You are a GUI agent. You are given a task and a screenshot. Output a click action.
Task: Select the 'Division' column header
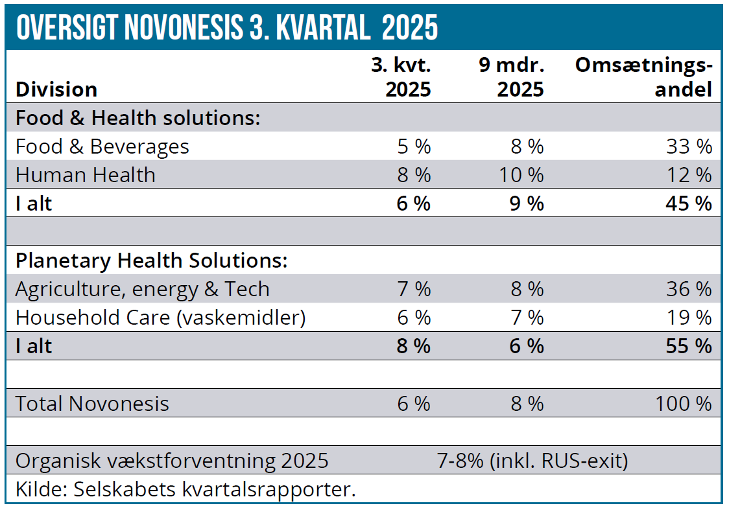tap(56, 89)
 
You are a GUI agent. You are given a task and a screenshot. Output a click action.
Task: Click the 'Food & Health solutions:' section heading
tap(137, 118)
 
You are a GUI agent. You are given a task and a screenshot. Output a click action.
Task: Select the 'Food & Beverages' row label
tap(102, 146)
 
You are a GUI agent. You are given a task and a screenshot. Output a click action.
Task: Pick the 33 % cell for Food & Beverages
tap(689, 146)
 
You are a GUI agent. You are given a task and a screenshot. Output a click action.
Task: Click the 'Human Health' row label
tap(86, 175)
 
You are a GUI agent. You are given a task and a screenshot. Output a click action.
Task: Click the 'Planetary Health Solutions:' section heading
tap(151, 261)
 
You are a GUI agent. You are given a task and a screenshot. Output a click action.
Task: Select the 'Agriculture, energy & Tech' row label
tap(143, 289)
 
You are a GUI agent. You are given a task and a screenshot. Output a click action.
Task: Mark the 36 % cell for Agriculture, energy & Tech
tap(689, 289)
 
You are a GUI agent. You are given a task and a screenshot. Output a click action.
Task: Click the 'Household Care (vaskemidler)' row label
tap(160, 318)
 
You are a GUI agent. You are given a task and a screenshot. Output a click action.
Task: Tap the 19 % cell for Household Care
tap(689, 318)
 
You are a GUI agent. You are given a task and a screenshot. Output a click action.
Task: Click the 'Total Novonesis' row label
tap(92, 404)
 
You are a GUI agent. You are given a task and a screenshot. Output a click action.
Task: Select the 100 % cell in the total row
tap(684, 404)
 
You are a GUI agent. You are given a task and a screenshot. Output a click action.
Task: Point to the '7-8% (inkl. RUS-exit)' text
tap(533, 461)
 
